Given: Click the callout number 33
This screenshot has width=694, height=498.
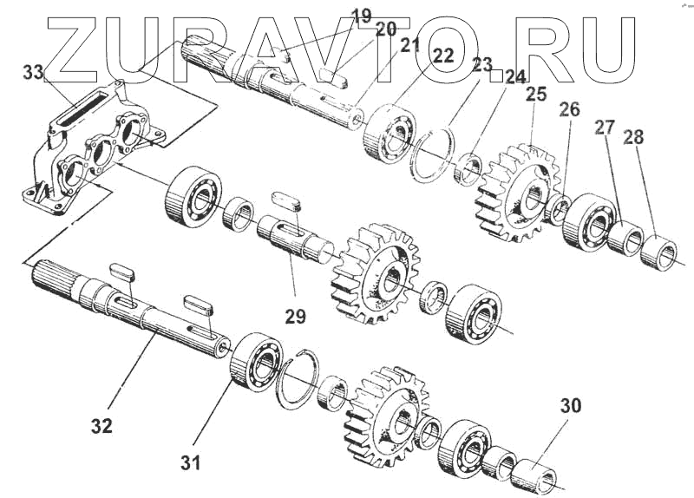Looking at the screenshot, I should [33, 74].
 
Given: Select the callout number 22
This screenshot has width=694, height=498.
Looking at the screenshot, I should [443, 56].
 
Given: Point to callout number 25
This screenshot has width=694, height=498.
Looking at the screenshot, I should [534, 95].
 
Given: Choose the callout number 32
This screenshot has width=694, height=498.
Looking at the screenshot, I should [102, 426].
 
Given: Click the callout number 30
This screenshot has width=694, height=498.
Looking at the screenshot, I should [571, 406].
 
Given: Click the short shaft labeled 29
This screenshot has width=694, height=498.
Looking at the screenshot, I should [295, 240].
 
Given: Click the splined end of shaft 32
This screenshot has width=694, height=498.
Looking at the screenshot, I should [54, 281].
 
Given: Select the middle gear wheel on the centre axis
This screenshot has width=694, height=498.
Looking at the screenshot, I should [380, 272].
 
